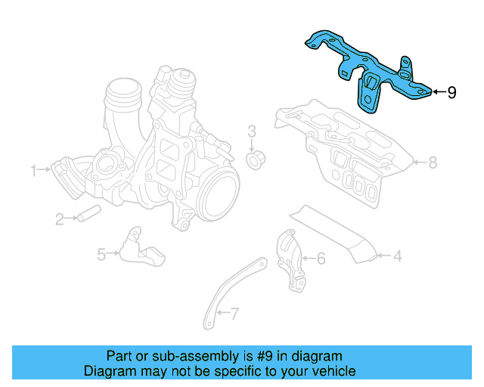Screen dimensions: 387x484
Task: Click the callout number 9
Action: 451,92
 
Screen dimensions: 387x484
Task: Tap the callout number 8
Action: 433,162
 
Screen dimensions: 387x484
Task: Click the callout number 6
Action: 321,259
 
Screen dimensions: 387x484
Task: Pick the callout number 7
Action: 234,312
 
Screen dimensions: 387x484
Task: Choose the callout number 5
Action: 101,255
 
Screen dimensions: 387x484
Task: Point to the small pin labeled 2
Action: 88,213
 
